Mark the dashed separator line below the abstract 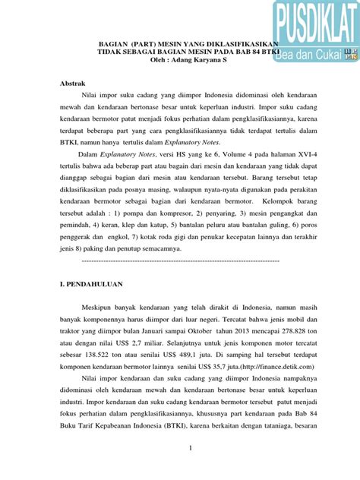(x=179, y=261)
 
